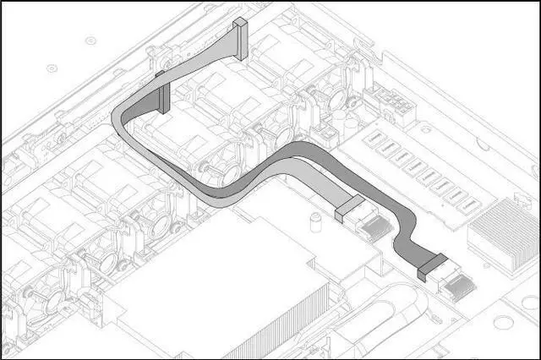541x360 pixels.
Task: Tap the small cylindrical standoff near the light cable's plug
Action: pyautogui.click(x=314, y=221)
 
